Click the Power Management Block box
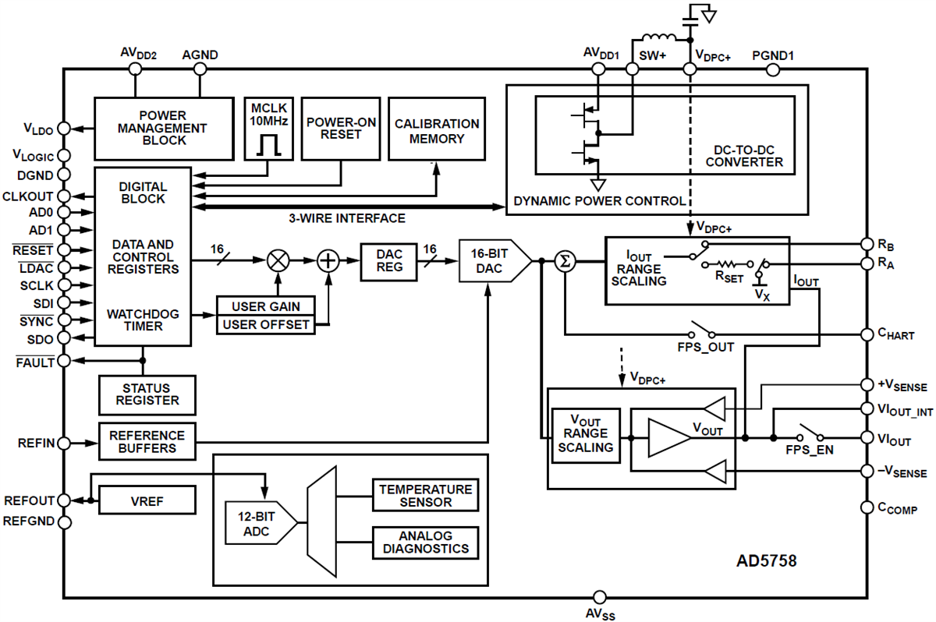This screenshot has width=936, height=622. click(164, 129)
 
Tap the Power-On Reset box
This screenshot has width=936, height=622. click(340, 129)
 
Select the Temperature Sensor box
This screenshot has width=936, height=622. click(425, 496)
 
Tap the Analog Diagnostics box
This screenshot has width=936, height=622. click(425, 542)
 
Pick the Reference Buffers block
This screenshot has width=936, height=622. click(147, 442)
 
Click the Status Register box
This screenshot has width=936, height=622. click(147, 394)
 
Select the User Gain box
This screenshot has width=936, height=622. click(266, 306)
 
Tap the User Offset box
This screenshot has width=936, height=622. click(266, 324)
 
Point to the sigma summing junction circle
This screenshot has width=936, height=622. click(564, 261)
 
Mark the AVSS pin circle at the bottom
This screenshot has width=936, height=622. click(599, 598)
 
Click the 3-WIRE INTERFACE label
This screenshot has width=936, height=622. click(347, 218)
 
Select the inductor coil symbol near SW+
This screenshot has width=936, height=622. click(661, 39)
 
